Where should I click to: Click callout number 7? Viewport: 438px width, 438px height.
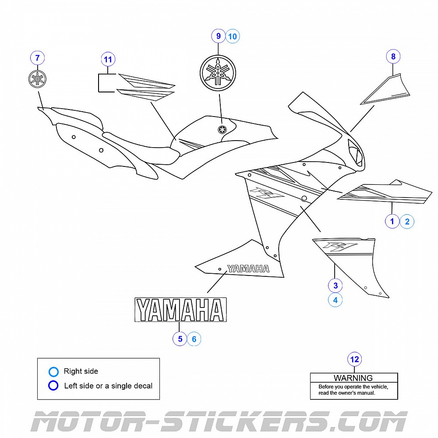pos(37,58)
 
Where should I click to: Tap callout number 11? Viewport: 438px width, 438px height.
pos(108,59)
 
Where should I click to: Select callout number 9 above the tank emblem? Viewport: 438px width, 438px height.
pos(218,36)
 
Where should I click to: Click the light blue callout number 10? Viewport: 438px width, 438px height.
pos(233,36)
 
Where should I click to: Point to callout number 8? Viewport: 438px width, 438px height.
pos(393,57)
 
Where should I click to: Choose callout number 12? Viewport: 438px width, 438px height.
pos(354,360)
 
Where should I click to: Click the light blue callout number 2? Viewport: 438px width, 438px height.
pos(407,221)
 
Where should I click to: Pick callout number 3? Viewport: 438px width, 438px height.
pos(336,286)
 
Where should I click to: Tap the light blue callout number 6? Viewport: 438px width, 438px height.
pos(194,339)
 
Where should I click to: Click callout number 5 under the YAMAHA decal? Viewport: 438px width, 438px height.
pos(180,339)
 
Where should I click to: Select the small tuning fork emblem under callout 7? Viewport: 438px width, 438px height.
pos(37,79)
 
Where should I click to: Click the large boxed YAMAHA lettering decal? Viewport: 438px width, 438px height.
pos(180,310)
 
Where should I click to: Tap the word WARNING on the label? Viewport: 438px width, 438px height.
pos(353,378)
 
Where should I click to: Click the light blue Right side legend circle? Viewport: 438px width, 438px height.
pos(53,372)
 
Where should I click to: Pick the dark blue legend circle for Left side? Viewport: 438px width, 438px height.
pos(53,386)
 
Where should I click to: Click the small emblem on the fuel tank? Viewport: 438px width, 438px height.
pos(223,129)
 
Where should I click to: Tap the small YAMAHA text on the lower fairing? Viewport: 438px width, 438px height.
pos(248,268)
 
